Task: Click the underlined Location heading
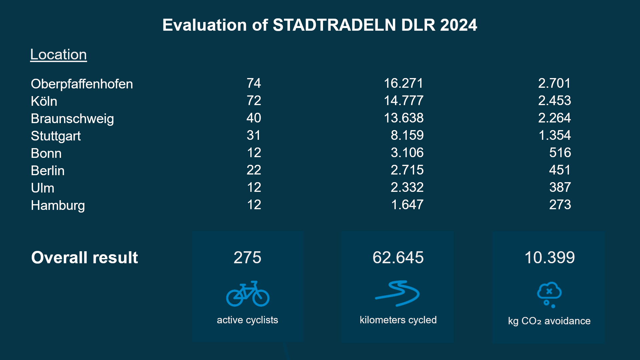(58, 54)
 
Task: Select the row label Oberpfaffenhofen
(82, 84)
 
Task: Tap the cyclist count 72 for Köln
(254, 100)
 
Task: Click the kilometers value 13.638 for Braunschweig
(403, 118)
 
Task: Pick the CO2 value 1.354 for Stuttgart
(554, 135)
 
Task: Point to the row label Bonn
(46, 153)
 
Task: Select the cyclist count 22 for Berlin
(254, 170)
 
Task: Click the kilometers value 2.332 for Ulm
(407, 187)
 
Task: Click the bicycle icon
(248, 294)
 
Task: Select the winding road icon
(397, 293)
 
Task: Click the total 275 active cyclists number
(247, 257)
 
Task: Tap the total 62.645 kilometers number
(398, 257)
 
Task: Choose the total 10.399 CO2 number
(549, 257)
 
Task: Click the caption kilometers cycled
(398, 320)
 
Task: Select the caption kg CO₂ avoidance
(549, 321)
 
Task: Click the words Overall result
(84, 257)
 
